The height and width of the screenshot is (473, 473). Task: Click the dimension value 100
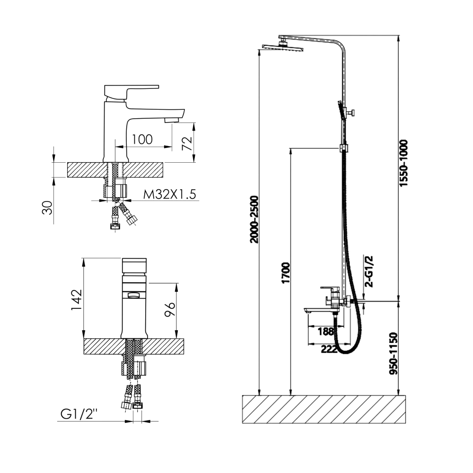point(142,140)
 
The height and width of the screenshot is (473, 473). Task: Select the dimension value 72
point(187,144)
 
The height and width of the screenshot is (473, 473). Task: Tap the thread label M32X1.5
point(169,194)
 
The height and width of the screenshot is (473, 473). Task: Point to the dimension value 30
point(47,208)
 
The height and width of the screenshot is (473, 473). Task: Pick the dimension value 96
point(170,309)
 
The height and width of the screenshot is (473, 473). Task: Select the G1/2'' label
point(79,414)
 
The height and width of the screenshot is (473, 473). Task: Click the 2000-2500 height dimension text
point(254,219)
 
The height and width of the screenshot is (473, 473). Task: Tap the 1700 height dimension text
point(285,273)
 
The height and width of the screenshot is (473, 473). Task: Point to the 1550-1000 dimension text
point(403,163)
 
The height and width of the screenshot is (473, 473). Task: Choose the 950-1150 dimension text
point(394,353)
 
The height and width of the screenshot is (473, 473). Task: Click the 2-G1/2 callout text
point(369,271)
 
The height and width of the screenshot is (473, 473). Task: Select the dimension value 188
point(326,332)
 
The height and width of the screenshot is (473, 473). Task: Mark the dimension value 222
point(329,350)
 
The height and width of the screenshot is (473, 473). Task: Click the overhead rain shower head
point(283,47)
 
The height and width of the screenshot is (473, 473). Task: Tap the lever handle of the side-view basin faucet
point(131,92)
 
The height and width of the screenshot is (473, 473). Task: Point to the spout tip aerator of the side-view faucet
point(171,121)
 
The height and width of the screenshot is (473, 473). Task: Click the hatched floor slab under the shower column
point(324,409)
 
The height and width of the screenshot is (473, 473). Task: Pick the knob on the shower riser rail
point(352,113)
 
